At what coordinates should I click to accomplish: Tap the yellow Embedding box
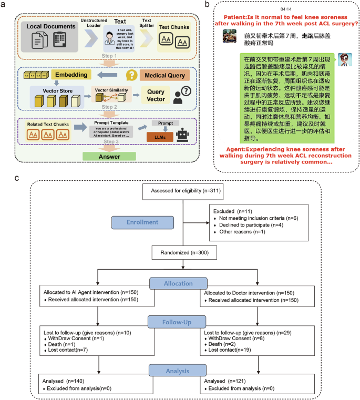tap(76, 76)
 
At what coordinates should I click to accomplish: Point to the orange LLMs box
tap(160, 137)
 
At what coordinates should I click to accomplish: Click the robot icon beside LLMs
tap(182, 135)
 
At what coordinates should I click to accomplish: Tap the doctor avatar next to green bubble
tap(344, 59)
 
